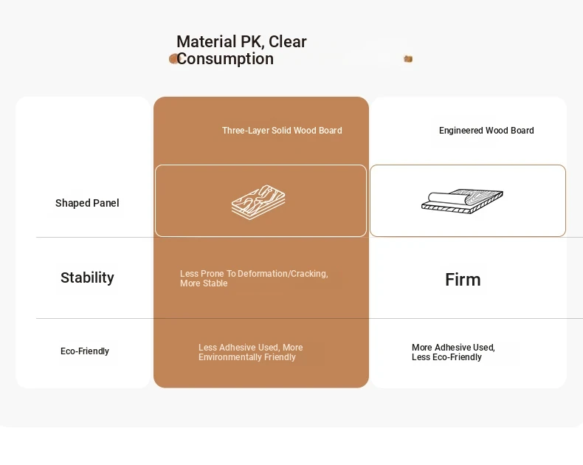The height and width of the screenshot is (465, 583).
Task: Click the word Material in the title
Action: (207, 41)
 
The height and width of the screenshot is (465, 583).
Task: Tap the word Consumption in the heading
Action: (225, 59)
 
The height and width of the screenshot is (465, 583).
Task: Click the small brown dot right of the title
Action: (408, 59)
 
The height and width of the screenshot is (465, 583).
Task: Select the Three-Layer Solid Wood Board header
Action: (282, 131)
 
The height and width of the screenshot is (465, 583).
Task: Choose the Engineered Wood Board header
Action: (486, 131)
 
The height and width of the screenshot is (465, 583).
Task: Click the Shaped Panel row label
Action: (87, 203)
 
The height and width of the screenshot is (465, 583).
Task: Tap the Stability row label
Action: (87, 278)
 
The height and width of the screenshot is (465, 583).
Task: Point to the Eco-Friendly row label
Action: (85, 351)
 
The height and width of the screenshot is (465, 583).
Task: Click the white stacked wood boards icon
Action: (258, 202)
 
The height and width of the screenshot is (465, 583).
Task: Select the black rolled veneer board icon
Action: (462, 201)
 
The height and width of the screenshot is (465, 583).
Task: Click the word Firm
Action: (463, 280)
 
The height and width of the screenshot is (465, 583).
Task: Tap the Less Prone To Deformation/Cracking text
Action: (254, 278)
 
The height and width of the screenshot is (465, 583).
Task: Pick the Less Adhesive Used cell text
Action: (251, 352)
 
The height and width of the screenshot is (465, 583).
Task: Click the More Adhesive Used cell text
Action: (453, 352)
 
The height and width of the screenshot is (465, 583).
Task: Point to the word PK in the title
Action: (252, 41)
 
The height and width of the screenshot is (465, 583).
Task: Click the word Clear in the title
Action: (287, 41)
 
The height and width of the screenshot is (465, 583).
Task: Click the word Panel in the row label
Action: (106, 203)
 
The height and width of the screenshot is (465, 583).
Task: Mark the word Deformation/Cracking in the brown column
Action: (283, 274)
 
